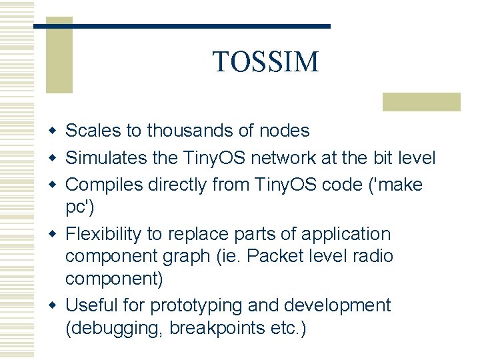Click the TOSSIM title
click(x=265, y=62)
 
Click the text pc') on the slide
click(x=80, y=207)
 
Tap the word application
click(x=346, y=235)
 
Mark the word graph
click(x=189, y=257)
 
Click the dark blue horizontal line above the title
click(x=181, y=26)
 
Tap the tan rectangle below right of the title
click(x=421, y=101)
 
